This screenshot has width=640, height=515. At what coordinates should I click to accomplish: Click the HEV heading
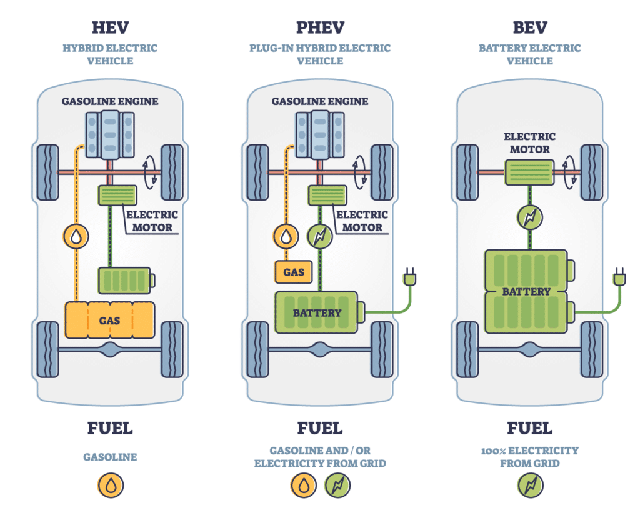click(109, 27)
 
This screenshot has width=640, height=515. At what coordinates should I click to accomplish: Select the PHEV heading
click(319, 27)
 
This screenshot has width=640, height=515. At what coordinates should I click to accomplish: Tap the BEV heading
click(529, 27)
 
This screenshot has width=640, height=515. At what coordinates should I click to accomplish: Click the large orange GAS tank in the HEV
click(109, 321)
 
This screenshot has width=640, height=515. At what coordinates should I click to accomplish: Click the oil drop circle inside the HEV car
click(76, 236)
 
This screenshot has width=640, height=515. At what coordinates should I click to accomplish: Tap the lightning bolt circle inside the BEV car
click(530, 218)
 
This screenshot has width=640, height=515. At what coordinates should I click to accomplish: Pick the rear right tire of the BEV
click(592, 349)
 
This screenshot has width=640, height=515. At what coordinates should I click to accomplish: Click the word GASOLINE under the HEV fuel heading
click(110, 457)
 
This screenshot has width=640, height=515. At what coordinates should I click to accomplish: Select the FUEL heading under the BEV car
click(529, 428)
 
